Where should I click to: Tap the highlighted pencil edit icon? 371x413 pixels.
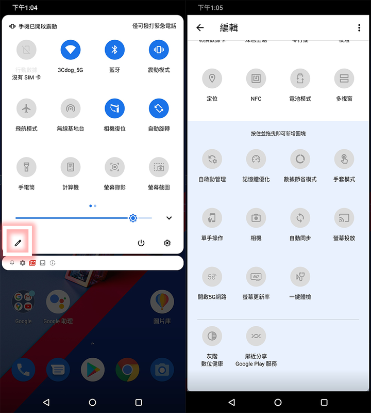[18, 243]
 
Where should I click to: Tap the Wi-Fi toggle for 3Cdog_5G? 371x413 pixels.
[71, 50]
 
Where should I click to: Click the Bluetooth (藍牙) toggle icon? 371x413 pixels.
[115, 50]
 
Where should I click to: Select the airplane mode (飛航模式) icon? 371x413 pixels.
[26, 108]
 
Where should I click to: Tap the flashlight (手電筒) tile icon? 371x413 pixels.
[26, 167]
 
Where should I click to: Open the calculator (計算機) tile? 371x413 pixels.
[71, 167]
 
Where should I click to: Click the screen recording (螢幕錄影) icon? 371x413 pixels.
[115, 167]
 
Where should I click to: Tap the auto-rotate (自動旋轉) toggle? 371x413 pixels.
[159, 108]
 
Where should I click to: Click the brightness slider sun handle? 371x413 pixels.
[133, 218]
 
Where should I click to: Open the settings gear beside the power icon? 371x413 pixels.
[167, 243]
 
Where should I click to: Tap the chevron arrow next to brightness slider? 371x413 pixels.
[169, 218]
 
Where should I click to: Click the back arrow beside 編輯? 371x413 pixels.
[200, 28]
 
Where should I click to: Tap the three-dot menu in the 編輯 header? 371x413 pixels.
[359, 28]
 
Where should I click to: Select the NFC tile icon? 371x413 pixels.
[256, 78]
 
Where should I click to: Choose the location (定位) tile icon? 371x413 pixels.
[212, 78]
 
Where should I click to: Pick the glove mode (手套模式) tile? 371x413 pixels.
[344, 159]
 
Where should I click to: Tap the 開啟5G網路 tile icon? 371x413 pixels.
[212, 277]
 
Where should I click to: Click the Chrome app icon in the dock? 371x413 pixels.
[127, 370]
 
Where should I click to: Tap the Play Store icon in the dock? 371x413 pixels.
[93, 370]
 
